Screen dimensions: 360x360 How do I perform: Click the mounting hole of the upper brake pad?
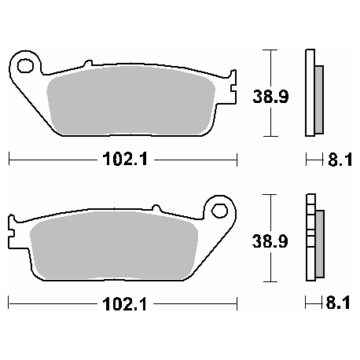(27, 65)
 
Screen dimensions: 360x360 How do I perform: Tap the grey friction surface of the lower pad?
(110, 244)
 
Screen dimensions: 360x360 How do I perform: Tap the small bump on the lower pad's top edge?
(155, 208)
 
